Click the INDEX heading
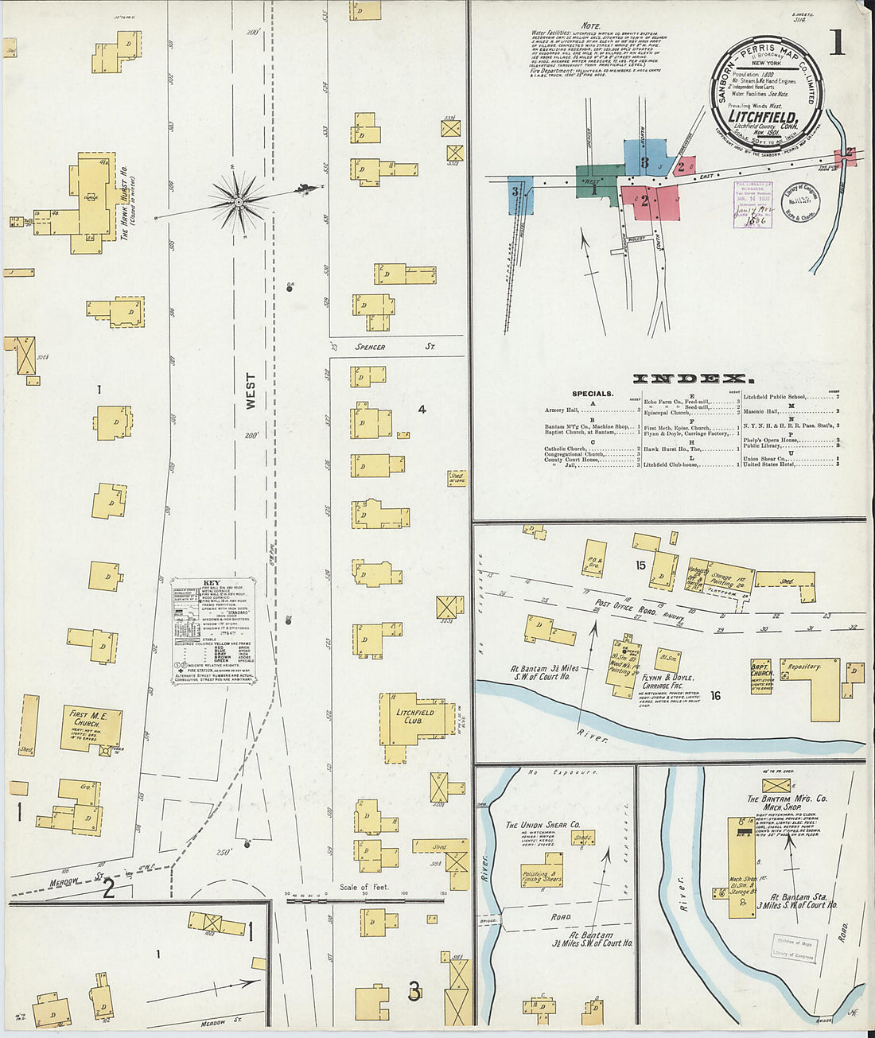pyautogui.click(x=690, y=379)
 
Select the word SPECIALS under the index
pyautogui.click(x=593, y=394)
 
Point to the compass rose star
pyautogui.click(x=238, y=201)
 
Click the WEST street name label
pyautogui.click(x=251, y=391)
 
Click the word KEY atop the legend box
pyautogui.click(x=212, y=582)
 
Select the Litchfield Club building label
pyautogui.click(x=414, y=717)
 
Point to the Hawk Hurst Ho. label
pyautogui.click(x=125, y=204)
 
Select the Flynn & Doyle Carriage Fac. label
pyautogui.click(x=669, y=682)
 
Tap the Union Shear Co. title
pyautogui.click(x=542, y=825)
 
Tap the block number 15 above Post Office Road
pyautogui.click(x=640, y=566)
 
